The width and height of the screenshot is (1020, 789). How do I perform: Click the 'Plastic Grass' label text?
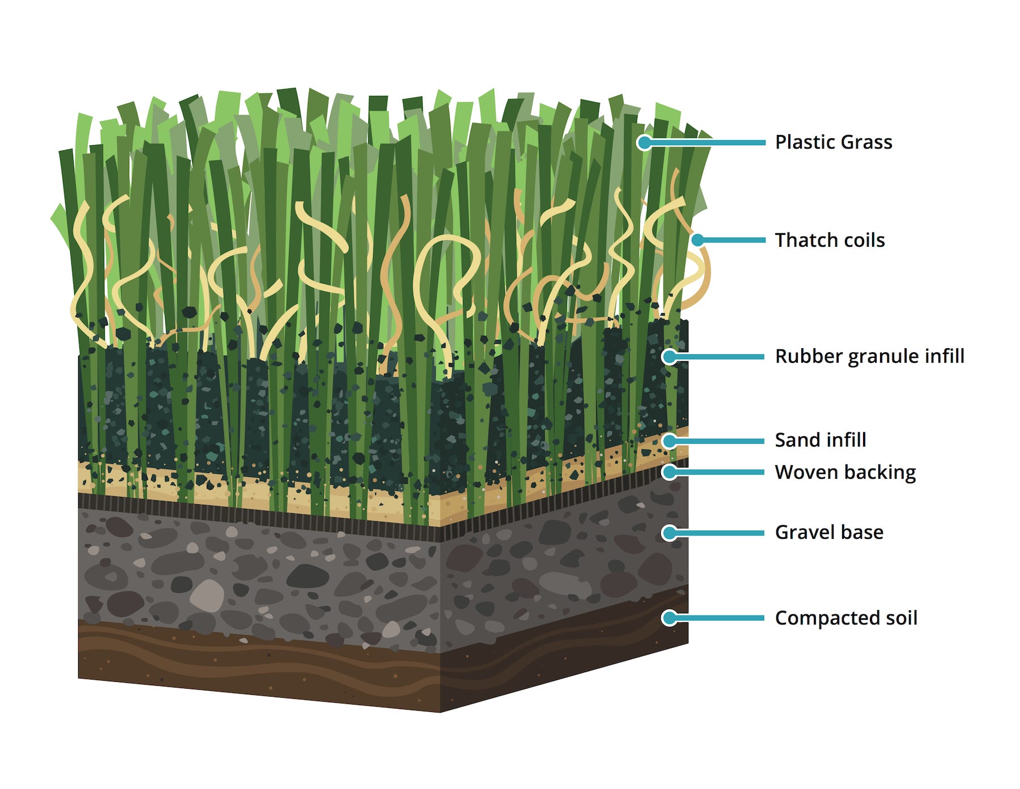pyautogui.click(x=834, y=142)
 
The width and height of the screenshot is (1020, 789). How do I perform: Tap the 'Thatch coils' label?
pyautogui.click(x=830, y=241)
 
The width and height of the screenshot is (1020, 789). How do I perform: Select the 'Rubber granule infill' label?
pyautogui.click(x=869, y=357)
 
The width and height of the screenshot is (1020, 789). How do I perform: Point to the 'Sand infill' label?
pyautogui.click(x=821, y=440)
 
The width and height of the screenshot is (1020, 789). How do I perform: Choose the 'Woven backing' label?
pyautogui.click(x=845, y=472)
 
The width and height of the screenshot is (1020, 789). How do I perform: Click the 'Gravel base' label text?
pyautogui.click(x=829, y=533)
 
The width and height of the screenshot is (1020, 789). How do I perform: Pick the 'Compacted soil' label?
pyautogui.click(x=846, y=618)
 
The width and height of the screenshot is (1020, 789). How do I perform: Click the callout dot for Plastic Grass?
pyautogui.click(x=644, y=142)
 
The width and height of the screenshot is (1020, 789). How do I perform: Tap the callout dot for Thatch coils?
pyautogui.click(x=698, y=241)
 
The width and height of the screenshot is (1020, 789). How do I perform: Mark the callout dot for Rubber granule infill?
pyautogui.click(x=669, y=357)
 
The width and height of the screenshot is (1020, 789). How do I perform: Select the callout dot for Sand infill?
pyautogui.click(x=669, y=441)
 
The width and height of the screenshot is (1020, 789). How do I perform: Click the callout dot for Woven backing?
pyautogui.click(x=669, y=472)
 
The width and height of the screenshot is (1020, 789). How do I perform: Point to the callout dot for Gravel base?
pyautogui.click(x=669, y=533)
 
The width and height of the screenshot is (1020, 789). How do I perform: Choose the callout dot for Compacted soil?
pyautogui.click(x=669, y=618)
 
